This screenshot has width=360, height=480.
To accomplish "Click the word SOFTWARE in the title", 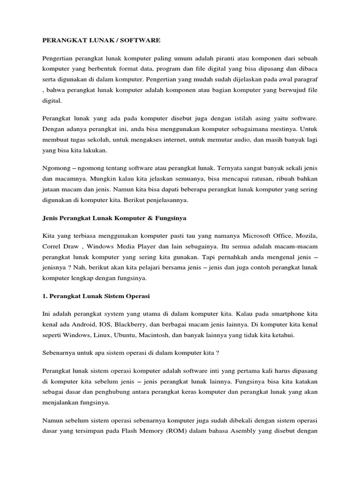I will click(x=141, y=41).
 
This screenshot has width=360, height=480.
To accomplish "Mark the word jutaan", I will click(x=51, y=189).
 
